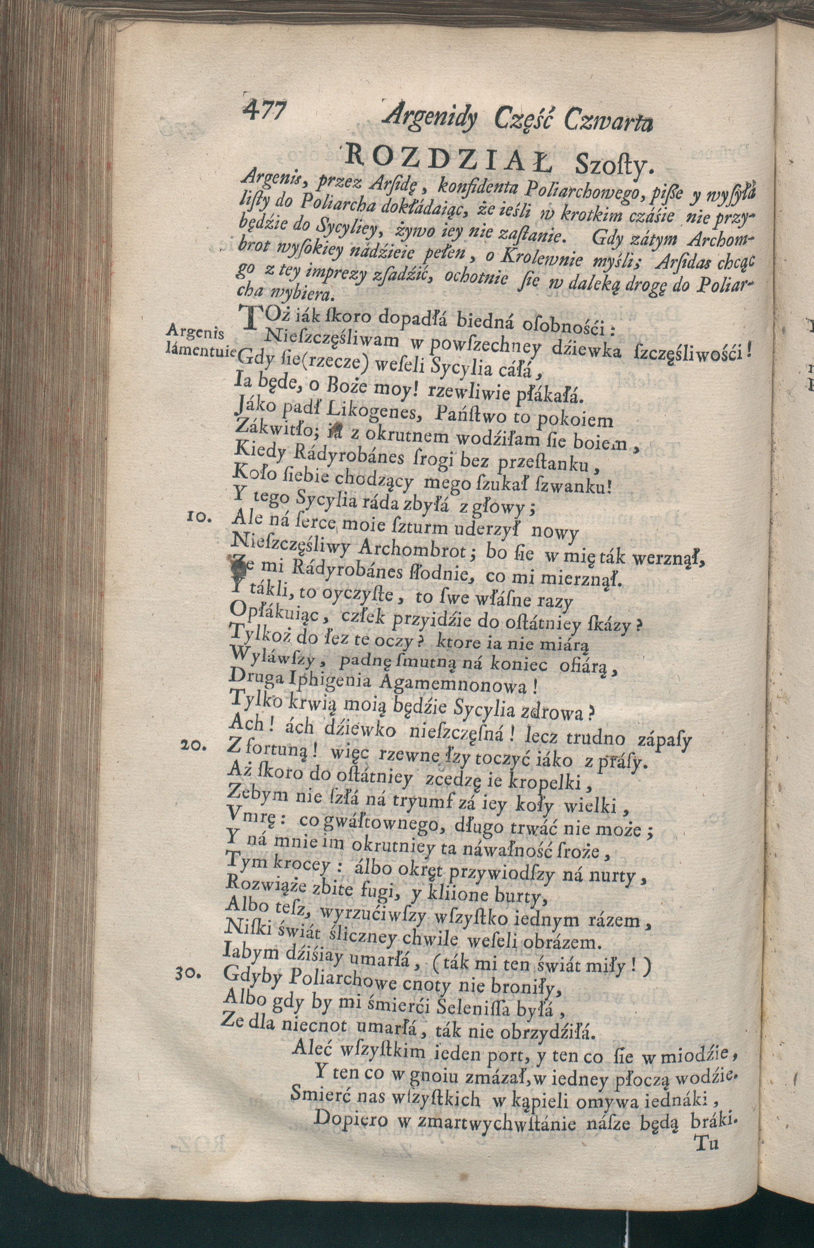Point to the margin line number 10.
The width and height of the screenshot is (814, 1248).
tap(199, 518)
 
